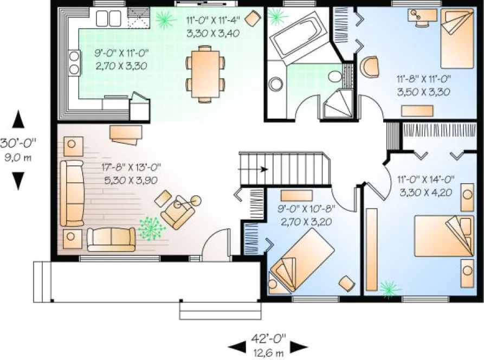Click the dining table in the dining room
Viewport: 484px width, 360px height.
click(204, 73)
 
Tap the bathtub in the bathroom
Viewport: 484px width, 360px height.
click(295, 36)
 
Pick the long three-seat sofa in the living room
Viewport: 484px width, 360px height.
click(72, 192)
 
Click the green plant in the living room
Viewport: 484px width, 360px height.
click(151, 228)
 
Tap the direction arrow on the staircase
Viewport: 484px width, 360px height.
click(263, 169)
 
